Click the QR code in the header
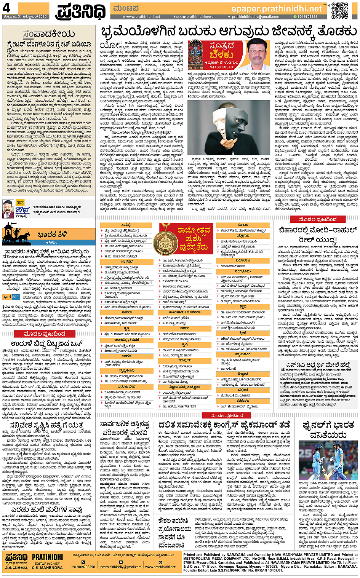(x=339, y=10)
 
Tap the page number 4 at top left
(x=6, y=7)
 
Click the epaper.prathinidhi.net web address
(x=277, y=8)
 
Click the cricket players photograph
(x=328, y=461)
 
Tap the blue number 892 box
(x=15, y=297)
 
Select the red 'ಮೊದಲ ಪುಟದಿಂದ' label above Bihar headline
(x=318, y=219)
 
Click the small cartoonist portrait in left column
(x=8, y=209)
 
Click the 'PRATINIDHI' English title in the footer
(x=48, y=557)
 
